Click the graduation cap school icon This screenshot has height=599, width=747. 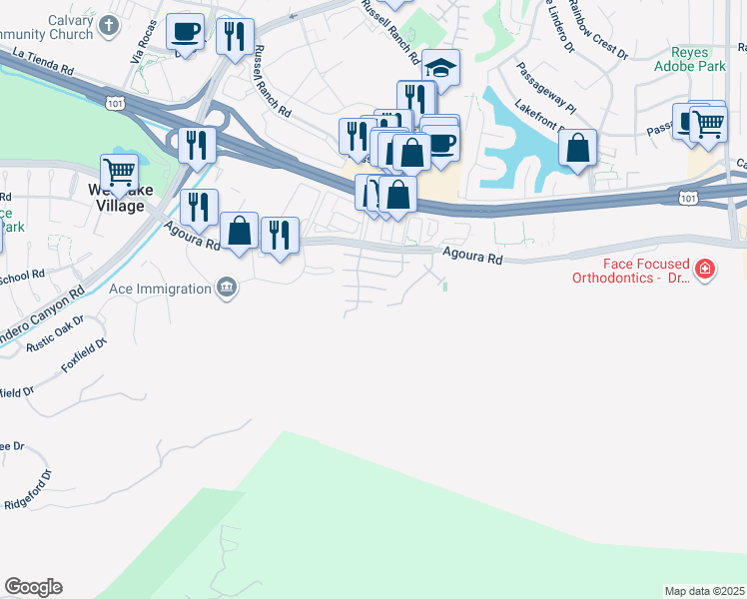click(440, 67)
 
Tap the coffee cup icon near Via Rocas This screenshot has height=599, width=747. click(185, 32)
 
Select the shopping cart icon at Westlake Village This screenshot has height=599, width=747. click(119, 172)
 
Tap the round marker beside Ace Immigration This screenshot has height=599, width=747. click(227, 289)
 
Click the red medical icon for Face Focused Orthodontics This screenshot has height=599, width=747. click(705, 270)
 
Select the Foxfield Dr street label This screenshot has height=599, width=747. click(84, 356)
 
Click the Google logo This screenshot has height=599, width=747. click(33, 587)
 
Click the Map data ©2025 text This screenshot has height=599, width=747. click(704, 591)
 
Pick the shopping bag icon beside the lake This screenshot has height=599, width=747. click(577, 149)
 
